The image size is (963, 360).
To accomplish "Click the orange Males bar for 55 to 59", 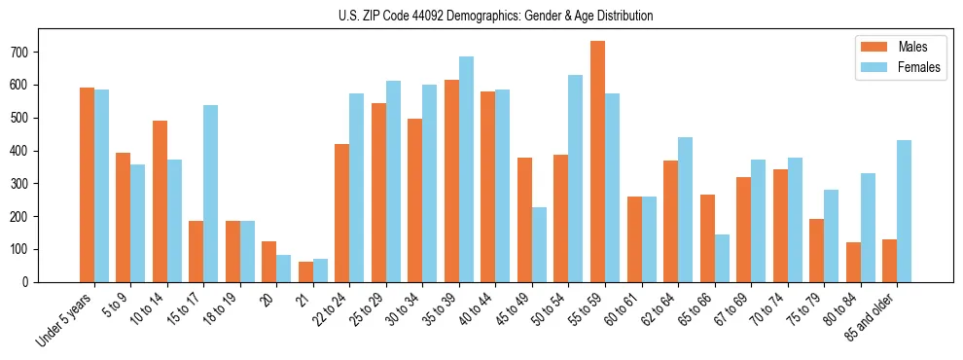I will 597,162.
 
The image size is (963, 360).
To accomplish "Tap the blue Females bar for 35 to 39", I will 466,169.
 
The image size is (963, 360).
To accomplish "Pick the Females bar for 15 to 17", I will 210,194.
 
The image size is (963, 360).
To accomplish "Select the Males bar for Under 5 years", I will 87,185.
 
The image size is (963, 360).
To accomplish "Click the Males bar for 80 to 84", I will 853,262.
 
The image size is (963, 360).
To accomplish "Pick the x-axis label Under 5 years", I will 64,318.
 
